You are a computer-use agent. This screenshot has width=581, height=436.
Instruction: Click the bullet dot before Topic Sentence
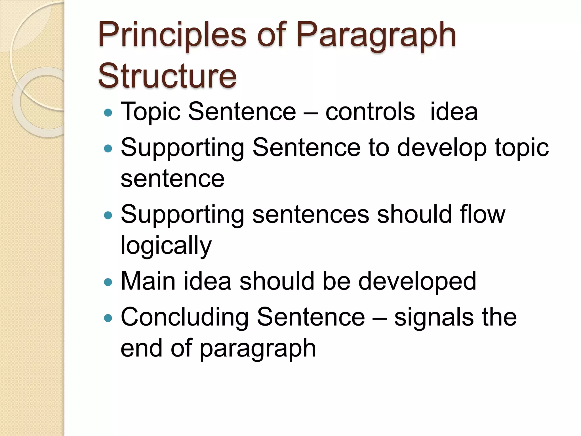(108, 113)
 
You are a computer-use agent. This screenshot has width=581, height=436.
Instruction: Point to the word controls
(370, 112)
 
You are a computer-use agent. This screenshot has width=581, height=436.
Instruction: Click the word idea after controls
(454, 112)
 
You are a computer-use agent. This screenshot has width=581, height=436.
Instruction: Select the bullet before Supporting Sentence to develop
(108, 148)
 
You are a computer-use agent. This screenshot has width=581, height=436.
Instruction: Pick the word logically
(166, 246)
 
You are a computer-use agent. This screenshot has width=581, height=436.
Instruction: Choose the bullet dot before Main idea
(108, 282)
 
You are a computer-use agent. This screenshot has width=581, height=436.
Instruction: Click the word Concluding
(184, 317)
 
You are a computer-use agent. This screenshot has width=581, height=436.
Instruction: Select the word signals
(434, 317)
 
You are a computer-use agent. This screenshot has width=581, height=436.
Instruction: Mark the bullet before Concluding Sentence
(108, 318)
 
